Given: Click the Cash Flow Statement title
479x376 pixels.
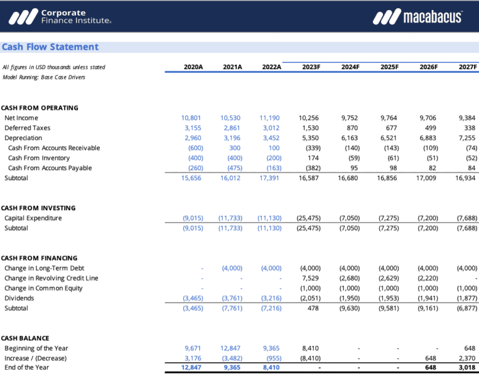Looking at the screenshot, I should pos(50,47).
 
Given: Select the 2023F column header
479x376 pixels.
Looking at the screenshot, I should pos(310,67).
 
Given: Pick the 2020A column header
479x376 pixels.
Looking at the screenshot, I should pos(193,67).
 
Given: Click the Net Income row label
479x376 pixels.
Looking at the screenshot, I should pos(21,118).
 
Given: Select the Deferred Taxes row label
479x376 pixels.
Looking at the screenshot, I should pos(27,128).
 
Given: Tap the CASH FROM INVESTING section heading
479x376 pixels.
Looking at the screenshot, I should pos(39,208).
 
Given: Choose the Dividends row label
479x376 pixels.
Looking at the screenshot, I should pos(19,298).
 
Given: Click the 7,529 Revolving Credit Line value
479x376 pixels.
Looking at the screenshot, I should pos(311,278).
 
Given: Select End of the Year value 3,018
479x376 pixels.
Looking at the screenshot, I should pos(467,368).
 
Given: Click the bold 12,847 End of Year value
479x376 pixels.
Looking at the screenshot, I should pos(193,368).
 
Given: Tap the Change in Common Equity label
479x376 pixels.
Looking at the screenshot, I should pos(43,288).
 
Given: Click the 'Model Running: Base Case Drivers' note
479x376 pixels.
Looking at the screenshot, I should pos(44,77).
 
